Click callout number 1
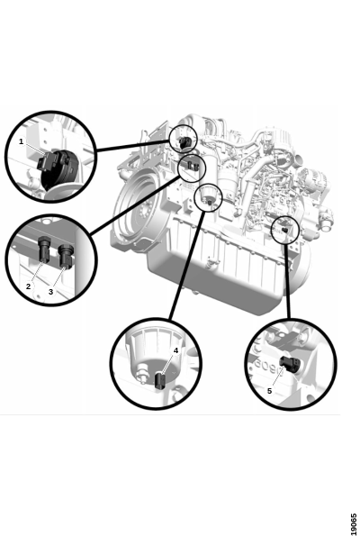click(x=22, y=141)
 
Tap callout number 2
click(x=28, y=286)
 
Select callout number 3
click(x=51, y=292)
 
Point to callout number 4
click(x=175, y=350)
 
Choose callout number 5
click(x=269, y=391)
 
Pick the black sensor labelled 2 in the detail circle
click(x=44, y=249)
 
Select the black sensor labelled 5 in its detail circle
click(x=290, y=364)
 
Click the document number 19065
click(x=354, y=523)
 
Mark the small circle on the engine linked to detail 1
click(x=184, y=139)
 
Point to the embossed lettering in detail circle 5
click(x=265, y=365)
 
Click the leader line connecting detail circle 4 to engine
click(x=187, y=266)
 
